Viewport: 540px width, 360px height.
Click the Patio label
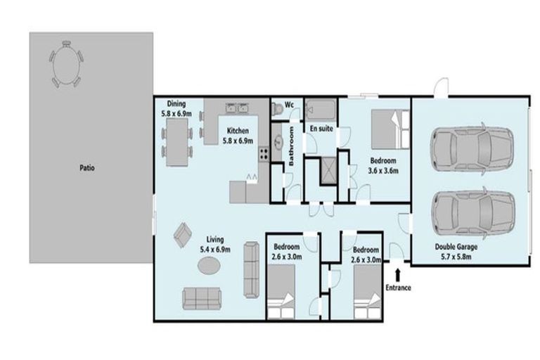point(87,168)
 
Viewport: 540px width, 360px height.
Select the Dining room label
point(176,108)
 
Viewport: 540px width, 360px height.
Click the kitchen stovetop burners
point(263,153)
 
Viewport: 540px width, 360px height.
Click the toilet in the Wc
point(278,108)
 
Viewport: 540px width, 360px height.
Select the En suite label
point(322,129)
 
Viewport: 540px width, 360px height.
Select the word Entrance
point(398,287)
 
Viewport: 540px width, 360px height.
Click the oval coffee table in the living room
point(210,265)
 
